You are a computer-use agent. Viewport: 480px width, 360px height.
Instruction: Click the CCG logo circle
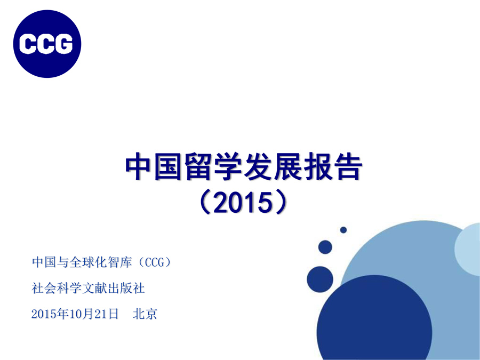(x=47, y=44)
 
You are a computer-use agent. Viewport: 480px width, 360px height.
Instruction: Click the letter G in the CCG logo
(x=63, y=44)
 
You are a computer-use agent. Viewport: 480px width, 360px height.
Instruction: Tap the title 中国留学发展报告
(x=244, y=167)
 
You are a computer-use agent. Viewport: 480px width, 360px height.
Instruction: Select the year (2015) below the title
(x=244, y=202)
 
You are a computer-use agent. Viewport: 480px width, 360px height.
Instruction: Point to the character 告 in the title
(x=348, y=167)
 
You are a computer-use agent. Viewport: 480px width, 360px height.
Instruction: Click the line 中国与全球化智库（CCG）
(x=101, y=262)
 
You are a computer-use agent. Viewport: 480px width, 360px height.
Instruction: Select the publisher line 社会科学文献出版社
(x=88, y=288)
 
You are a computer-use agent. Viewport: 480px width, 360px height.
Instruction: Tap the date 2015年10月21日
(x=75, y=314)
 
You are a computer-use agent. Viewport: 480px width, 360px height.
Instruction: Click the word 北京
(x=145, y=314)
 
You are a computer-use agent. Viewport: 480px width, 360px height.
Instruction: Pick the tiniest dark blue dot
(x=343, y=229)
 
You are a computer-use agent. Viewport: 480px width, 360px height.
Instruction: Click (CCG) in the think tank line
(x=155, y=262)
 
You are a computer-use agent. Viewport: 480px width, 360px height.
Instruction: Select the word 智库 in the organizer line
(x=119, y=262)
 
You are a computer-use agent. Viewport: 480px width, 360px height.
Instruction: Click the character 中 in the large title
(x=139, y=167)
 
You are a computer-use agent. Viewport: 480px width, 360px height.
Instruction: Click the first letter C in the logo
(x=28, y=44)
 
